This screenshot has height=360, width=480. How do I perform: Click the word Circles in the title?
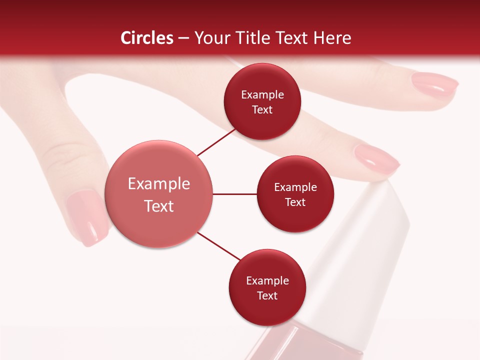(x=146, y=37)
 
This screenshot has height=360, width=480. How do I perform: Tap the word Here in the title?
(x=332, y=37)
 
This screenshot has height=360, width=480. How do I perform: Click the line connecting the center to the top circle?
(x=216, y=142)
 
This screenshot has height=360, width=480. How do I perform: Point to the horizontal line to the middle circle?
(x=235, y=194)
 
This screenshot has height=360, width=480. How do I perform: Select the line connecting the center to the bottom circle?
(x=218, y=246)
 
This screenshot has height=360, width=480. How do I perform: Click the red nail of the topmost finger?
(x=435, y=84)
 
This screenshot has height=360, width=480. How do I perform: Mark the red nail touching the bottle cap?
(x=376, y=159)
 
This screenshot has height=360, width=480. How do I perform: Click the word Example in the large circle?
(x=159, y=184)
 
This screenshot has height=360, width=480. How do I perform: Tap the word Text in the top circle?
(x=262, y=109)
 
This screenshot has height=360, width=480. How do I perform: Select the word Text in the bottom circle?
(x=267, y=295)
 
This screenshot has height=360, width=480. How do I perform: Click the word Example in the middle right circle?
(x=295, y=187)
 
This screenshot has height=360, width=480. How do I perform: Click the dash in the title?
(x=183, y=38)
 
